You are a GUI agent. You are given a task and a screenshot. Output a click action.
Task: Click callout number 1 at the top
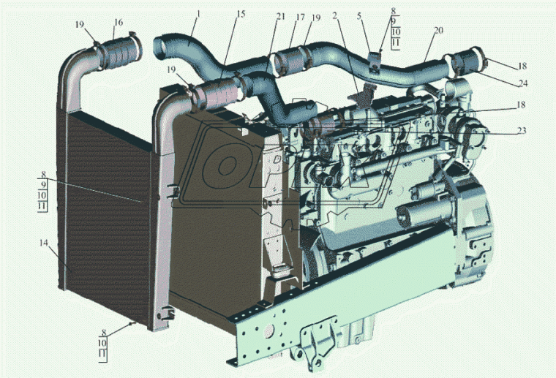click(x=198, y=14)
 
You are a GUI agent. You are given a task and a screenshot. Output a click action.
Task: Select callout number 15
click(x=241, y=14)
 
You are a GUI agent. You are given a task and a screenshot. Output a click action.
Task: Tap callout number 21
click(x=280, y=17)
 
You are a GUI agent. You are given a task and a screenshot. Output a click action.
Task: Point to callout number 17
click(x=301, y=17)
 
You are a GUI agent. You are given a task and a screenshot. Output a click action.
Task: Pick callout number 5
click(x=359, y=16)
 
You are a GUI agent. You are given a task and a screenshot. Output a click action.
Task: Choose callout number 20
click(x=439, y=31)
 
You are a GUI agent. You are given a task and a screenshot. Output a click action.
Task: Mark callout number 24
click(x=523, y=83)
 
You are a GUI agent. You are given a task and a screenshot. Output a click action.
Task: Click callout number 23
click(x=522, y=131)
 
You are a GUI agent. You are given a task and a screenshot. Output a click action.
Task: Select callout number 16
click(x=119, y=23)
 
